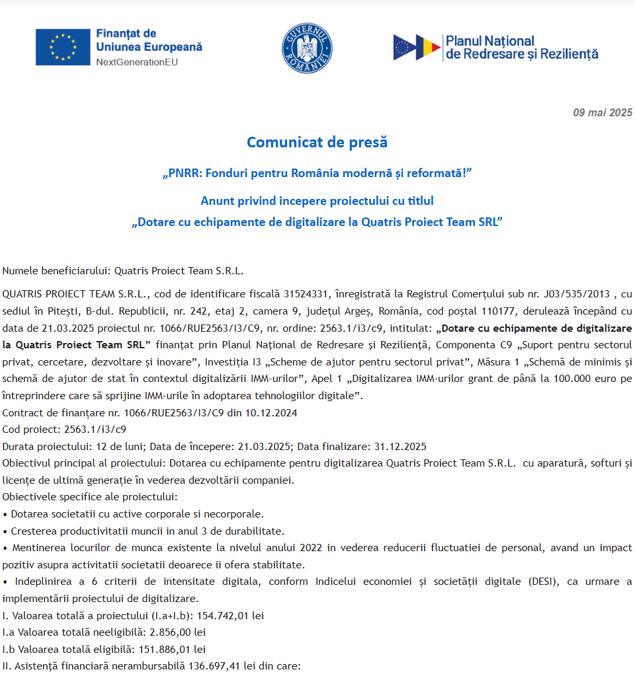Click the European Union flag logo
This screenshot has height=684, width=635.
pos(63,47)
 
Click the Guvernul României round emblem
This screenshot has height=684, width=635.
pos(307,48)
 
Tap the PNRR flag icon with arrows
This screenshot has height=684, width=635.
pos(417,48)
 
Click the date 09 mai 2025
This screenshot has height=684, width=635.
pos(603,112)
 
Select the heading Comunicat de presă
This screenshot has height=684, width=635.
pos(317,142)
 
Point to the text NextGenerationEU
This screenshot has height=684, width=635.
pos(137,62)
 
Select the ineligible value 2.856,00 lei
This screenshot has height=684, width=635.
pos(177,632)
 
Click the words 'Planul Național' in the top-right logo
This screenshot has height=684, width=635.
pos(490,42)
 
